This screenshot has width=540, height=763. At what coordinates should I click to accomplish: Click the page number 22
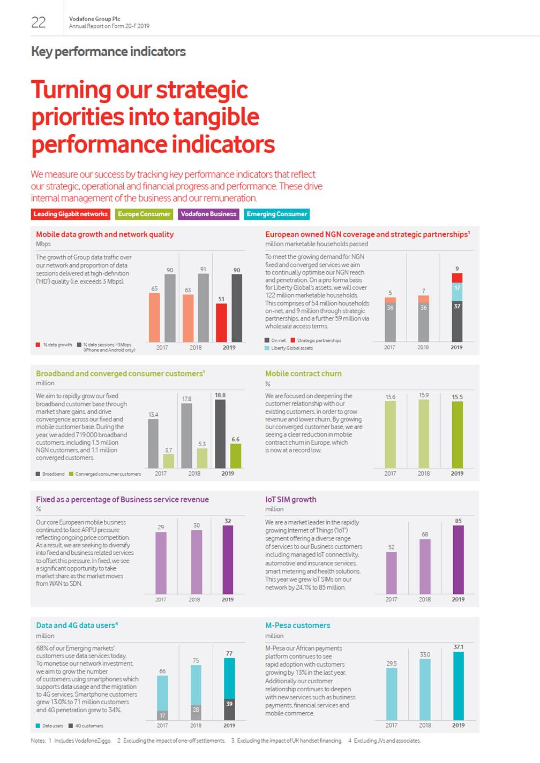click(39, 22)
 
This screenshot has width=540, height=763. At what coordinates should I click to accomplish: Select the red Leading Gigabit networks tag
click(70, 214)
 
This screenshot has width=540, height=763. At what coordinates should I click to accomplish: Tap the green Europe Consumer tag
click(144, 214)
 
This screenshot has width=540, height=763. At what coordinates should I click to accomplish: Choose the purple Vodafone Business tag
click(208, 214)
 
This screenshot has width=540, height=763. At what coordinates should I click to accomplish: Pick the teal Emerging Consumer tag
click(277, 214)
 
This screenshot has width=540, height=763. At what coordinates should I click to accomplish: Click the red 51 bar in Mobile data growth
click(221, 323)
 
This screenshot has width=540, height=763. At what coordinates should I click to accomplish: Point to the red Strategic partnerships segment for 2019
click(457, 278)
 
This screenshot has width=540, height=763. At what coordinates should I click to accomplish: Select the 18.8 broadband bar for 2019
click(220, 433)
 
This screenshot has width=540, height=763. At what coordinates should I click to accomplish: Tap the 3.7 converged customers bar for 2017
click(168, 461)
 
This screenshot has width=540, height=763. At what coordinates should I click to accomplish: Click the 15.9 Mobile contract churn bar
click(424, 433)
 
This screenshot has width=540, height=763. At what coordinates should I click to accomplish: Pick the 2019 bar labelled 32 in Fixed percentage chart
click(228, 559)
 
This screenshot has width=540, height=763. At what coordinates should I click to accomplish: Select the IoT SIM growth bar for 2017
click(392, 573)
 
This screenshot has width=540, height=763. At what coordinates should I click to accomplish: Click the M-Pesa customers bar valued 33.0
click(425, 689)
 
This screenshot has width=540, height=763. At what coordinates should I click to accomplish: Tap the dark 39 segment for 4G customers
click(229, 709)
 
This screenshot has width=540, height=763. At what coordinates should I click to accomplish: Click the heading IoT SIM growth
click(291, 499)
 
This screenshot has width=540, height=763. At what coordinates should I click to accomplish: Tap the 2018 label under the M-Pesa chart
click(425, 726)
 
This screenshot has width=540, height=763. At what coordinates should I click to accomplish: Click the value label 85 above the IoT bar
click(458, 521)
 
